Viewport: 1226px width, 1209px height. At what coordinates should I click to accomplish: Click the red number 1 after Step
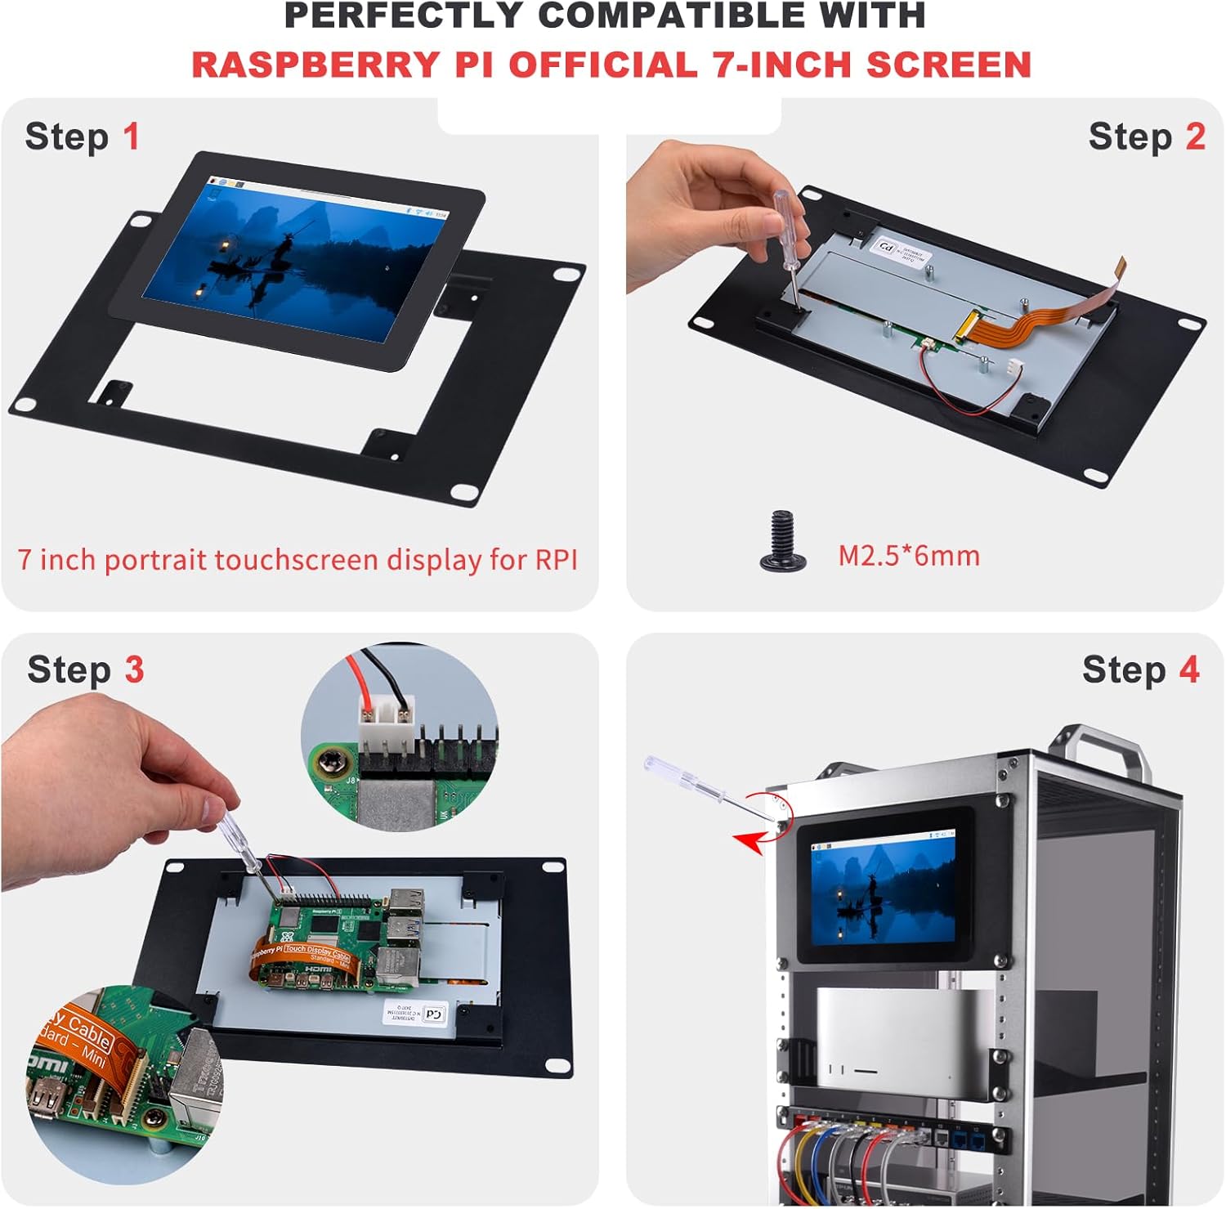[x=131, y=137]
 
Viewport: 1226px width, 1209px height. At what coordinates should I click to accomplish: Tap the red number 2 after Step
[x=1195, y=137]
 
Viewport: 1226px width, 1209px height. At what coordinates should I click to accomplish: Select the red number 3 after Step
[x=134, y=669]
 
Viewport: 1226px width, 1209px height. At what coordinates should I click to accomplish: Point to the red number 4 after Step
[x=1188, y=669]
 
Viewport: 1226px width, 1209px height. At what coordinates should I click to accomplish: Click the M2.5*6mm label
[x=908, y=556]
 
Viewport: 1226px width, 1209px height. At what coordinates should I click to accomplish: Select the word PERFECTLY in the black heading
[x=402, y=16]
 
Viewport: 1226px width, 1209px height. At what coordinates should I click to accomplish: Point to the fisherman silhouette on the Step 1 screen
[x=282, y=249]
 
